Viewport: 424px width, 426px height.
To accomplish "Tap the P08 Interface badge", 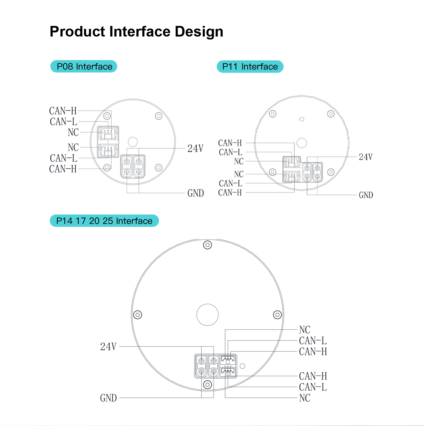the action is point(84,66).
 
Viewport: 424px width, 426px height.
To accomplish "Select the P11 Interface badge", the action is point(250,67).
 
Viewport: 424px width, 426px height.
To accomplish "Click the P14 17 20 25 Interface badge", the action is point(104,221).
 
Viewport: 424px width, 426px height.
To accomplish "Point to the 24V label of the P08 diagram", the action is point(195,148).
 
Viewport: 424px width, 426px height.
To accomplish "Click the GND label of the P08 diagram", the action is point(196,193).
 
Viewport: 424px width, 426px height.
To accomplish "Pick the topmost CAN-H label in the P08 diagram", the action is point(63,111).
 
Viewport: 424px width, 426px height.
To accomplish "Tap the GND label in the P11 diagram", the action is point(366,195).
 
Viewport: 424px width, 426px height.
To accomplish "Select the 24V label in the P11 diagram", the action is point(366,157).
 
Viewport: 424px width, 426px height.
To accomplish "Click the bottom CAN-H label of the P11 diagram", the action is point(230,193).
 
